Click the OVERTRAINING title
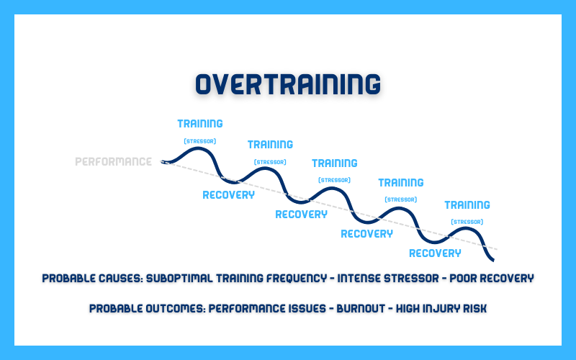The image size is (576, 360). (x=288, y=84)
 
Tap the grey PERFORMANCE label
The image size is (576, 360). (x=114, y=161)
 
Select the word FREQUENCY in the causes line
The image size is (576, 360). (x=297, y=278)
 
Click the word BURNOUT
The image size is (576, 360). (x=361, y=308)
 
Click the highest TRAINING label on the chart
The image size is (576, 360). (x=200, y=123)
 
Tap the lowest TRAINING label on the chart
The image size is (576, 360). (x=467, y=204)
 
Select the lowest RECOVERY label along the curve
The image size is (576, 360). (x=435, y=253)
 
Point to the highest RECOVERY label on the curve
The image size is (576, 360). (x=228, y=195)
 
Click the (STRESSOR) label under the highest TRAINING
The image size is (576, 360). (x=200, y=141)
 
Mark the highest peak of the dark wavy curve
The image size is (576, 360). (x=199, y=148)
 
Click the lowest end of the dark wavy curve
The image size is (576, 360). (x=493, y=260)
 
